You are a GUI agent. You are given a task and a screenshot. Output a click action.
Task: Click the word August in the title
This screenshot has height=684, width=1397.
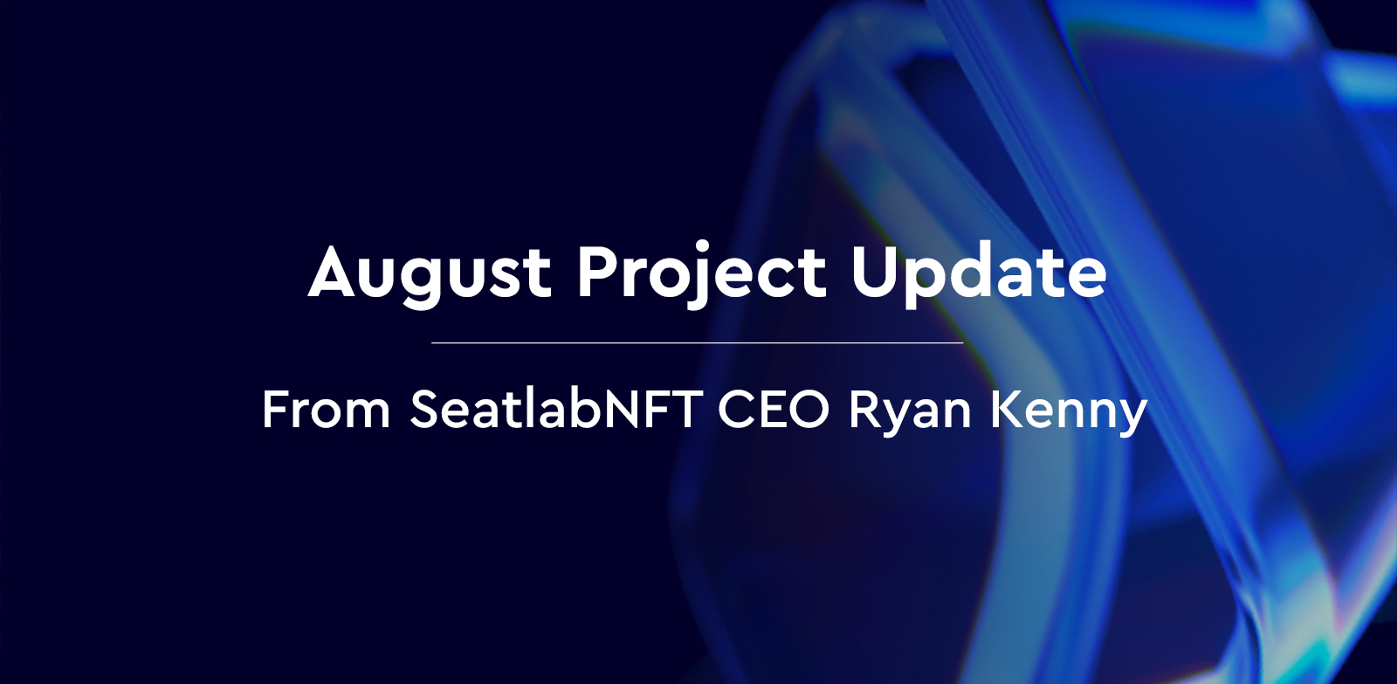[x=430, y=273]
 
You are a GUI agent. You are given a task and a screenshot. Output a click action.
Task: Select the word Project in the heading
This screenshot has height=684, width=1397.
[x=701, y=273]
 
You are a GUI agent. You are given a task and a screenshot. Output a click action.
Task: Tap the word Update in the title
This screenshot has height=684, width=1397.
[x=979, y=273]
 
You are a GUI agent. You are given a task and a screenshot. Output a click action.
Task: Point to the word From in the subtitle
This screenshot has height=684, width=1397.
[x=326, y=409]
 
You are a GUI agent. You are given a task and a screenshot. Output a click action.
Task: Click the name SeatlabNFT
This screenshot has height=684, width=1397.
[x=556, y=409]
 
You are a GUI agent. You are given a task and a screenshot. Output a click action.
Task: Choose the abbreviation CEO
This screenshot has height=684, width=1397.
[x=773, y=409]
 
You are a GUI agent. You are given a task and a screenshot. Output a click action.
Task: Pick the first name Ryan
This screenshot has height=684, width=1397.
[x=910, y=411]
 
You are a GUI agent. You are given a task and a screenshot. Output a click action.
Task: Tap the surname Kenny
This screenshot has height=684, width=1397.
[x=1068, y=411]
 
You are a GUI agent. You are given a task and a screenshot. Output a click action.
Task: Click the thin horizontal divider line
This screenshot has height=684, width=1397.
[x=697, y=343]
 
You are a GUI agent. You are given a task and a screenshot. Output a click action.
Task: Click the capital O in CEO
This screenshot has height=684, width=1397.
[x=809, y=409]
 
